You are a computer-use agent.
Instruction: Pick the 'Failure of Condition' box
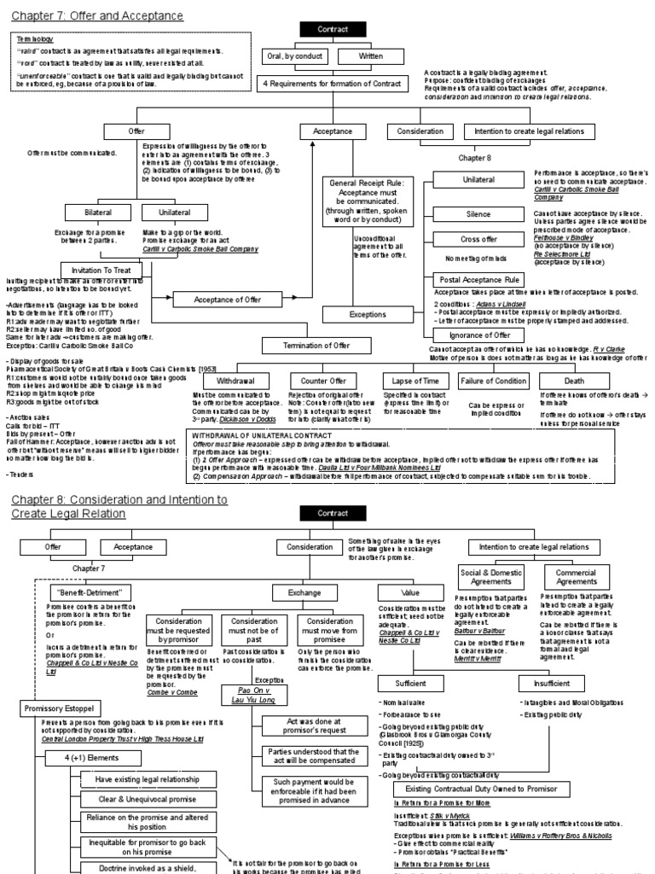(495, 380)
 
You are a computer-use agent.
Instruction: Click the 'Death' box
(574, 380)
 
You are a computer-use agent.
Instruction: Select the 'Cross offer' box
(478, 240)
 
